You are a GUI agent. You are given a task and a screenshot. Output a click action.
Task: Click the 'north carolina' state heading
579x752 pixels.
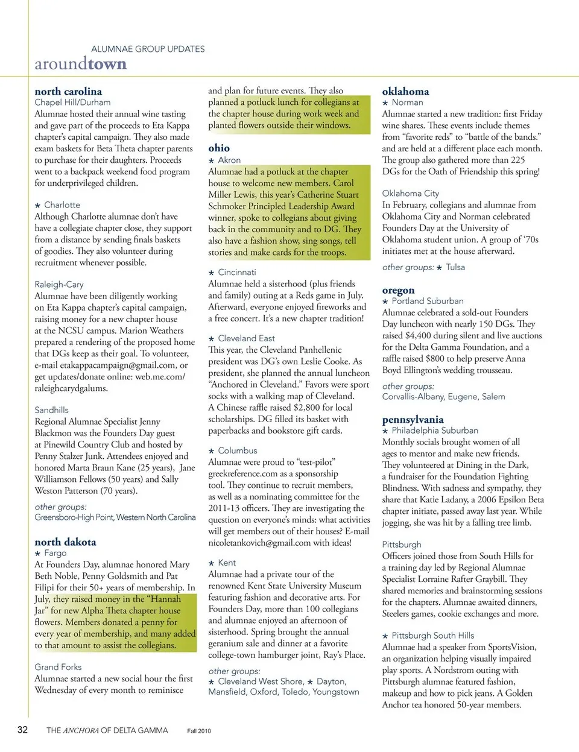(x=68, y=91)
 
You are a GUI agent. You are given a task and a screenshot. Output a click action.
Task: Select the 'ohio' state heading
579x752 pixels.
(x=219, y=148)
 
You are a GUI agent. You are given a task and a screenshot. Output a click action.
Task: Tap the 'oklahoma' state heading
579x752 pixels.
(x=405, y=91)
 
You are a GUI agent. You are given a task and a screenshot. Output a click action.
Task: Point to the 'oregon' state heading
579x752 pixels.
(x=398, y=290)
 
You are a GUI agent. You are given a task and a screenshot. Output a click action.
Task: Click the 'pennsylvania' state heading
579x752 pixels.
(x=413, y=419)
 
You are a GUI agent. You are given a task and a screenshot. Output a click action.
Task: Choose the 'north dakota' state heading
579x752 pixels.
(x=65, y=542)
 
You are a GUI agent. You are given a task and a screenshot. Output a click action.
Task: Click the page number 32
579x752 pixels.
(x=22, y=730)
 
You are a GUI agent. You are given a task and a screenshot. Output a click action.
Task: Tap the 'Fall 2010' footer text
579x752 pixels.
(x=199, y=731)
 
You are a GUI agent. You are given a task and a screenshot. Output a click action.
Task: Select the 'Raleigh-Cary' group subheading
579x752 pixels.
(x=59, y=284)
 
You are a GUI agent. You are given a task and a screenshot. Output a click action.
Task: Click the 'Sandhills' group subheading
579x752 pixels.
(x=51, y=410)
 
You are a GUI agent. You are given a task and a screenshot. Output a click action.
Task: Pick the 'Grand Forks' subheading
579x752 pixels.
(x=58, y=667)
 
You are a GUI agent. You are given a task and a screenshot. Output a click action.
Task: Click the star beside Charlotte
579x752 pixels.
(x=37, y=206)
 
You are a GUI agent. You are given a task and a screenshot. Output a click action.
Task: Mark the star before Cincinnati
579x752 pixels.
(x=211, y=273)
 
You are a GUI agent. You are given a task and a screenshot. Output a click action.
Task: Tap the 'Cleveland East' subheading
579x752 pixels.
(x=246, y=338)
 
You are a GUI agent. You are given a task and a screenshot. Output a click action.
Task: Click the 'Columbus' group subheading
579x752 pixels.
(x=238, y=450)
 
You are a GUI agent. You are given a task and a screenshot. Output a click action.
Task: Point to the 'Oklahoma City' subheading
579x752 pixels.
(x=410, y=194)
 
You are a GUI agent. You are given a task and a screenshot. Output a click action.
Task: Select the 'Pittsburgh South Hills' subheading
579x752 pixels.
(x=432, y=636)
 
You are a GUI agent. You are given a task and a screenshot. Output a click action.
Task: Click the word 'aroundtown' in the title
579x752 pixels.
(x=80, y=64)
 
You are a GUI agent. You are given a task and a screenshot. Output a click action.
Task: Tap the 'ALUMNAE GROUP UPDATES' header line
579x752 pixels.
(x=148, y=49)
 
